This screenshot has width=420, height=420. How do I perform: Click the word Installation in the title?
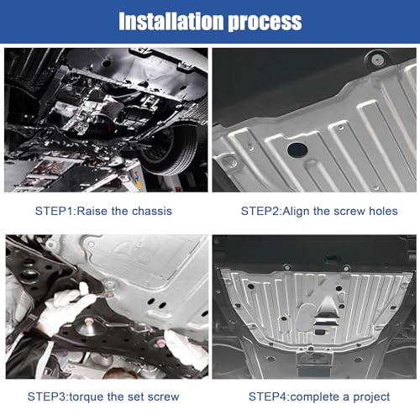(x=171, y=21)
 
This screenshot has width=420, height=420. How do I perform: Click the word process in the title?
(x=265, y=23)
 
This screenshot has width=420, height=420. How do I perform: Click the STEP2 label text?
(x=260, y=211)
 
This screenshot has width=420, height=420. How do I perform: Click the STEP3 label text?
(x=47, y=396)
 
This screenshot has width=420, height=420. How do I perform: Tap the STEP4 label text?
(x=268, y=396)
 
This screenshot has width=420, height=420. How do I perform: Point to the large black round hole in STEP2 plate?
(x=297, y=150)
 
